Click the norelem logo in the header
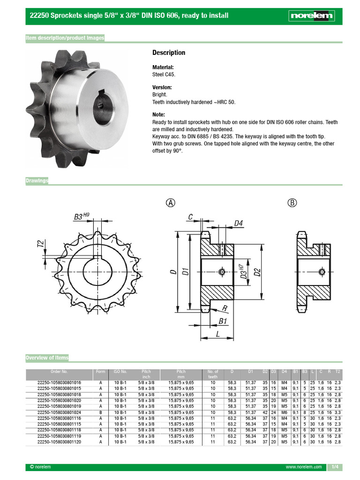coord(311,15)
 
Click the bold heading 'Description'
coord(169,52)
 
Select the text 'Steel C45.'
coord(164,74)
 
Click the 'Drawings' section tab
coord(37,181)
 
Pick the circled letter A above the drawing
coord(171,202)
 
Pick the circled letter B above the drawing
coord(292,202)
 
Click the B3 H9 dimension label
coord(81,217)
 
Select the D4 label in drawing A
coord(238,223)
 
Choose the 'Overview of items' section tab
coord(47,358)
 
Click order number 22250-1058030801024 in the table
coord(59,412)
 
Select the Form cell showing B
coord(100,412)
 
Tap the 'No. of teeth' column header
coord(213,374)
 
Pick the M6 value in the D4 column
coord(284,412)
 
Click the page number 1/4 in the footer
coord(335,467)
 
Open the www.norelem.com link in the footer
coord(304,467)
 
